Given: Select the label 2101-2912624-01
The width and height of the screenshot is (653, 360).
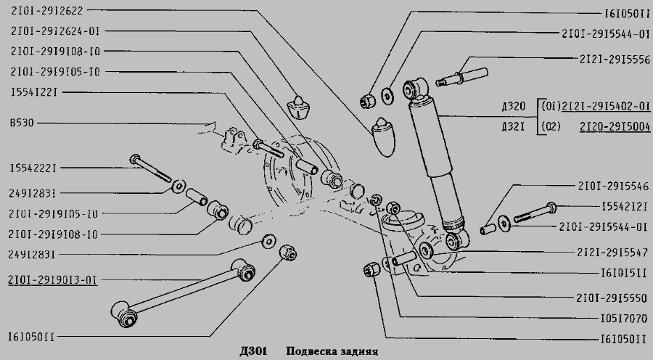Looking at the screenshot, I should [x=54, y=32].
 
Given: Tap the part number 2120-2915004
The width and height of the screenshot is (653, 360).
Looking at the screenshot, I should [x=615, y=126].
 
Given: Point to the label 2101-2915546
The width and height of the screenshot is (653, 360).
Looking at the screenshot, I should [x=613, y=185].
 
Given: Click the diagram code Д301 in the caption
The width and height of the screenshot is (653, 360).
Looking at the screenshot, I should [x=251, y=352].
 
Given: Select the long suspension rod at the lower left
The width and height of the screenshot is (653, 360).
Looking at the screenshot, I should [x=185, y=287].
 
